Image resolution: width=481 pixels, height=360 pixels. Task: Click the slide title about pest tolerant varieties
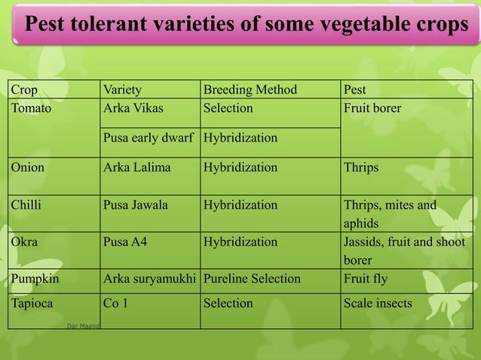(x=247, y=25)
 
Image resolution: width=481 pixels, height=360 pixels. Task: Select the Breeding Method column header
(x=250, y=90)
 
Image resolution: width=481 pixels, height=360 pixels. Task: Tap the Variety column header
(x=122, y=90)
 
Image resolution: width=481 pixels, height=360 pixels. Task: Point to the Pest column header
(x=355, y=90)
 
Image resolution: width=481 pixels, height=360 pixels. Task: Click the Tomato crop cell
(x=31, y=108)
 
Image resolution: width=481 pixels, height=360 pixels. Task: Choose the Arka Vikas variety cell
(x=133, y=108)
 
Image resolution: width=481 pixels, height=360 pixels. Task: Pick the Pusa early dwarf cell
(x=149, y=139)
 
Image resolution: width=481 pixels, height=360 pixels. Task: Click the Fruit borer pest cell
(x=372, y=108)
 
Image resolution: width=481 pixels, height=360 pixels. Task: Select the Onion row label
(x=28, y=167)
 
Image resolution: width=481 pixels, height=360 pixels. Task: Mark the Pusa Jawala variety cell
(x=136, y=205)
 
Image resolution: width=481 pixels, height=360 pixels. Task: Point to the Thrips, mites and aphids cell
(x=390, y=214)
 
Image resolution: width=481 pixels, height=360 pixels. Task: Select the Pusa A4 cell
(x=126, y=242)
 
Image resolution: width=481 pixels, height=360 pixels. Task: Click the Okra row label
(x=25, y=242)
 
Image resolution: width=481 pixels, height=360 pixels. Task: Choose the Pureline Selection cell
(x=252, y=279)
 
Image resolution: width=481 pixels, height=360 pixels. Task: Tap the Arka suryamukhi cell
(x=149, y=279)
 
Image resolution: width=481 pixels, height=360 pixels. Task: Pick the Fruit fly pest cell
(x=366, y=279)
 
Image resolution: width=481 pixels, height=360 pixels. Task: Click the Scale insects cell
(x=378, y=304)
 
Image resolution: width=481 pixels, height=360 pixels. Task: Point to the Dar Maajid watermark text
(x=83, y=325)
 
